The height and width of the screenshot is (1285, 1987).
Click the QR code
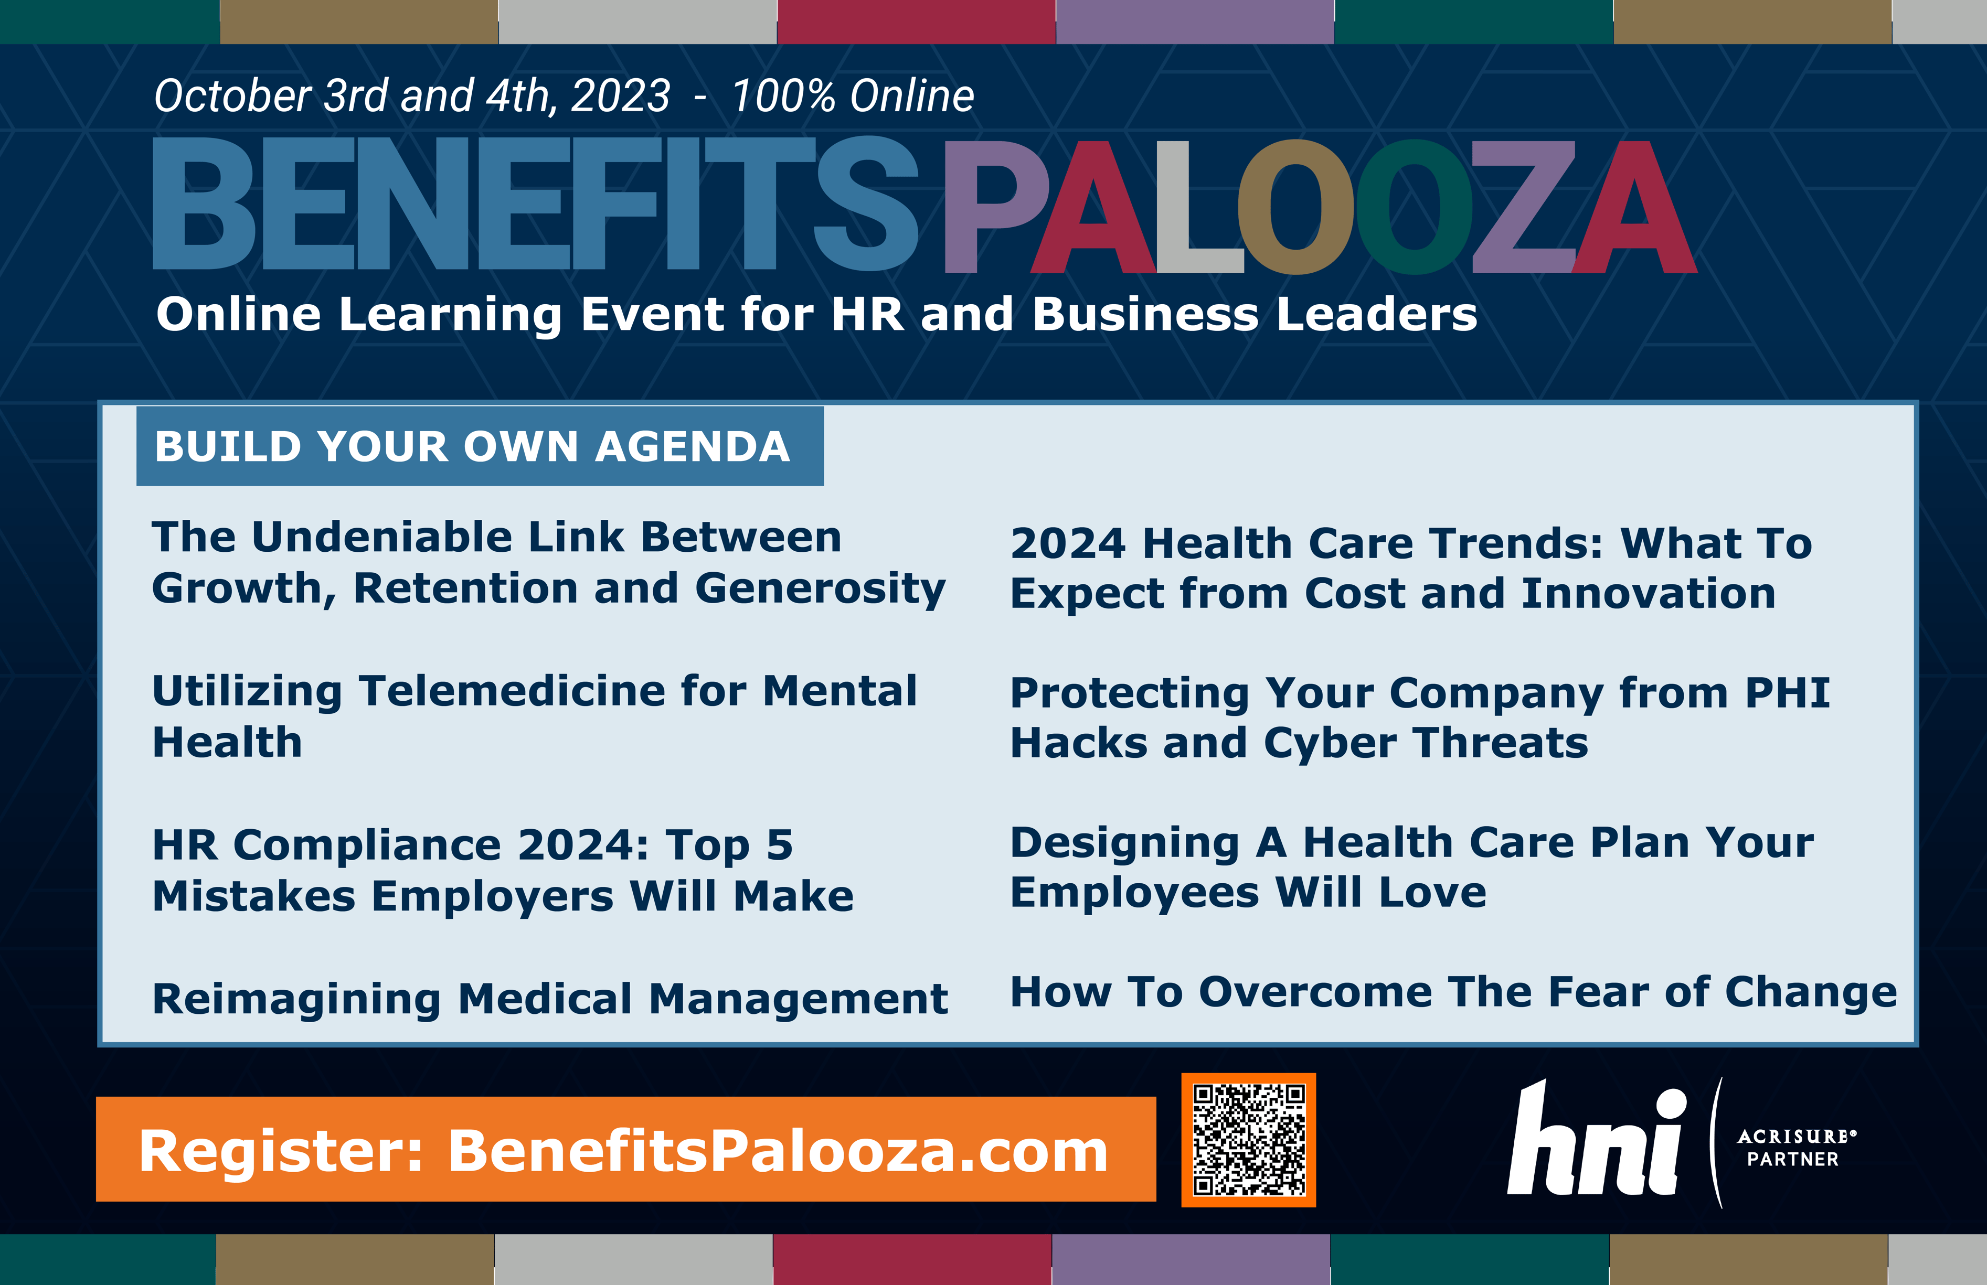(x=1248, y=1140)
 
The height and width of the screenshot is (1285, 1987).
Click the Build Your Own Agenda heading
(x=472, y=446)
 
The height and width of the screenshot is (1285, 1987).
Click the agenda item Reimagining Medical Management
(x=550, y=998)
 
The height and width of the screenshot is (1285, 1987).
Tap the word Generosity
(x=820, y=589)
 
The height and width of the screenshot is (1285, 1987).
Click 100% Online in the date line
(x=852, y=96)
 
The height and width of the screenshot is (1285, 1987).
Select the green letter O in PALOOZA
(x=1415, y=207)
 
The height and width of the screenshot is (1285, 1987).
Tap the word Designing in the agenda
(x=1124, y=843)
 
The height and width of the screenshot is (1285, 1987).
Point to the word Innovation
(x=1648, y=593)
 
